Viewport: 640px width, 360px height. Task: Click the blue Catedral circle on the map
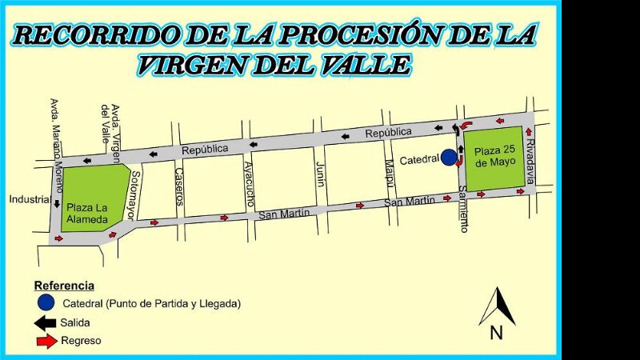[449, 158]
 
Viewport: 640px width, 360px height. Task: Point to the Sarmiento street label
[463, 209]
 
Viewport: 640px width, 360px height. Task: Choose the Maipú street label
[390, 171]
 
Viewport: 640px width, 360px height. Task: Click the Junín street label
[321, 172]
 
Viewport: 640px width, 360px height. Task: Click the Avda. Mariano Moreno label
[55, 139]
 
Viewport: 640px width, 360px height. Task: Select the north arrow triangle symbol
[497, 306]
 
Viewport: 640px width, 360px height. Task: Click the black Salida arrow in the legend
[44, 323]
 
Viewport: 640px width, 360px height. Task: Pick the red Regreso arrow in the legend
[46, 342]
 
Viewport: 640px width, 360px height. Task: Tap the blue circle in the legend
[46, 303]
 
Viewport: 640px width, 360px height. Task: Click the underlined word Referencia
[64, 286]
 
